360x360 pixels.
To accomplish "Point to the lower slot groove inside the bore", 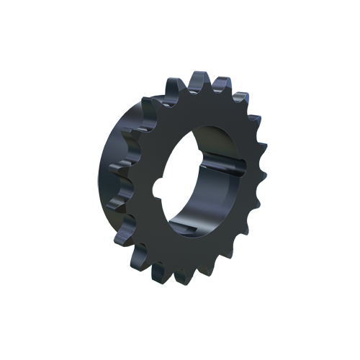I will pos(210,230).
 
